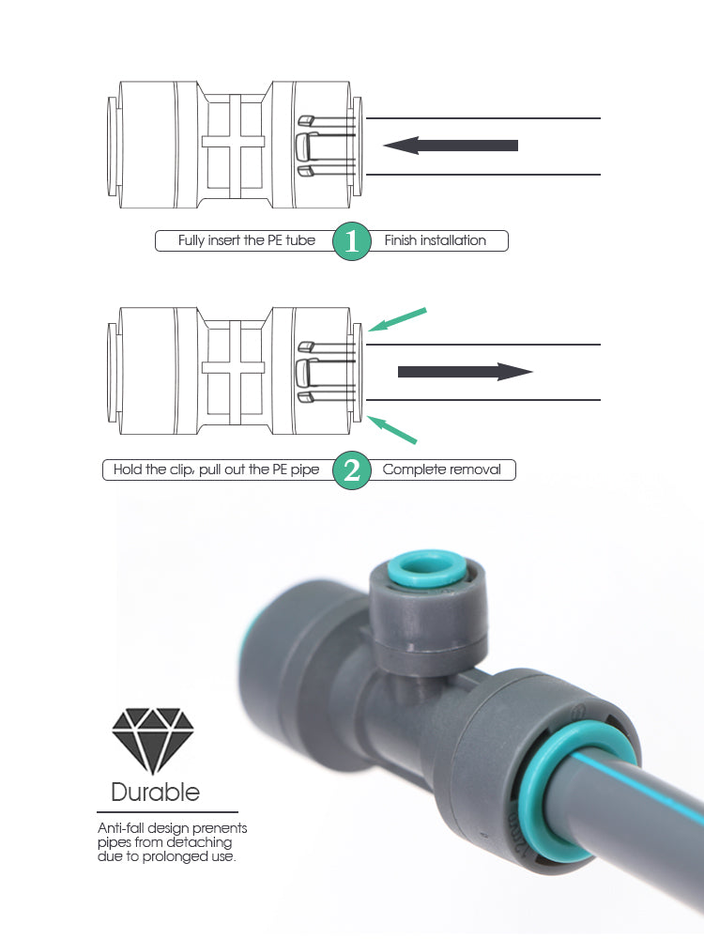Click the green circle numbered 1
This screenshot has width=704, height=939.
pyautogui.click(x=351, y=240)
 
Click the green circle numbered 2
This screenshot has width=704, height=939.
pyautogui.click(x=351, y=470)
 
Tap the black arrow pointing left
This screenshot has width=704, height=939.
pyautogui.click(x=451, y=145)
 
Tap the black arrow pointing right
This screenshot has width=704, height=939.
pyautogui.click(x=466, y=372)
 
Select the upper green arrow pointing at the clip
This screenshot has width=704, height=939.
pyautogui.click(x=397, y=320)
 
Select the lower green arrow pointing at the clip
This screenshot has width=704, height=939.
pyautogui.click(x=391, y=430)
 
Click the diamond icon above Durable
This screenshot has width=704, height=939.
pyautogui.click(x=153, y=741)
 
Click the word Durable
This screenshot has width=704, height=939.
pyautogui.click(x=156, y=792)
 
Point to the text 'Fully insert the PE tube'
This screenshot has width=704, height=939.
pyautogui.click(x=247, y=240)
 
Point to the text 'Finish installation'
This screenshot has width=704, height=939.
pyautogui.click(x=436, y=240)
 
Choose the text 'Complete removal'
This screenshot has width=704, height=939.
pyautogui.click(x=442, y=469)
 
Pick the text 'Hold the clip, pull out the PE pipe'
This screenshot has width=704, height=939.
pyautogui.click(x=216, y=469)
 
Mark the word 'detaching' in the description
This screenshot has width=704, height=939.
pyautogui.click(x=199, y=843)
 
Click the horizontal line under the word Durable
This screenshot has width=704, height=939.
pyautogui.click(x=168, y=812)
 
